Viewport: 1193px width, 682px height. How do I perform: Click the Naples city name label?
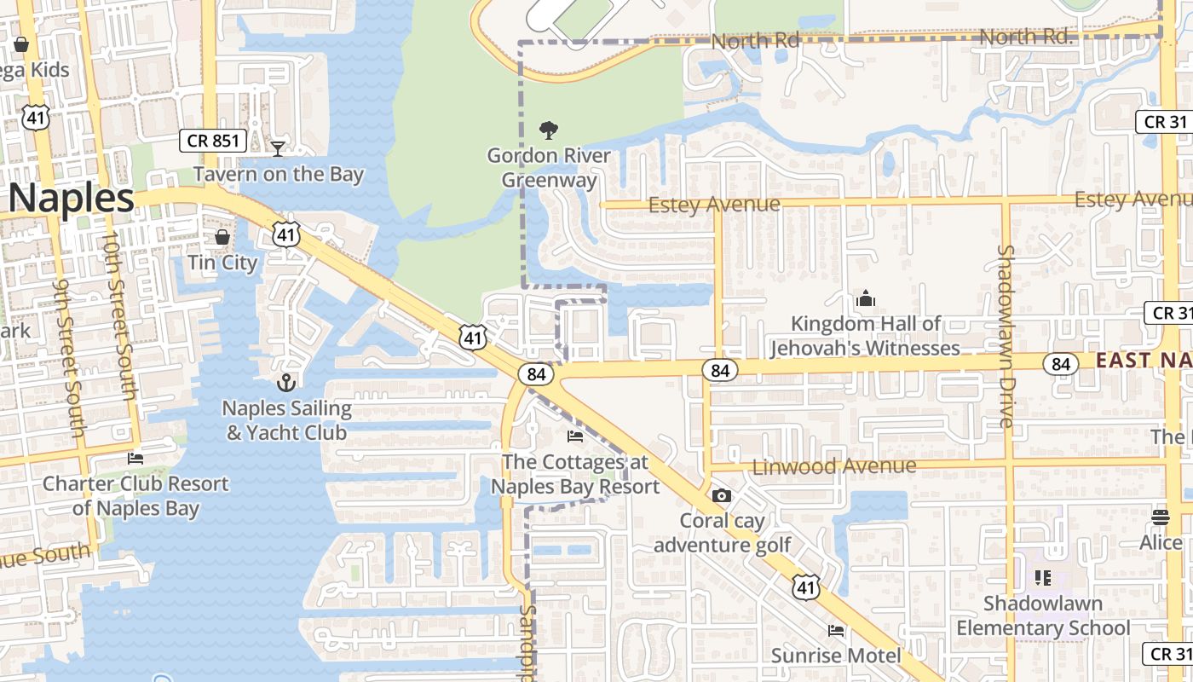coord(72,199)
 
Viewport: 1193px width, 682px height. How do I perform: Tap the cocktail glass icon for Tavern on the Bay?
coord(278,149)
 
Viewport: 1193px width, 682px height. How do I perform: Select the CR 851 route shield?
coord(213,141)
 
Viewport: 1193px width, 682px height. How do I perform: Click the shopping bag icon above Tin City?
coord(222,236)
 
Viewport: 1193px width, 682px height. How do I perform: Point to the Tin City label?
coord(222,263)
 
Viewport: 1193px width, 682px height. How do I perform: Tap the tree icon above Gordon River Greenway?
coord(549,130)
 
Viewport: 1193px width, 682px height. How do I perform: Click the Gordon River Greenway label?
coord(549,168)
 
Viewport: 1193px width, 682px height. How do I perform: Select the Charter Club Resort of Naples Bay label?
coord(136,496)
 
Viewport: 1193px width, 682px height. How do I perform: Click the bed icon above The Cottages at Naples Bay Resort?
coord(575,436)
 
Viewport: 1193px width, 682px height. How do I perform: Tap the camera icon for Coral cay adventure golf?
coord(721,495)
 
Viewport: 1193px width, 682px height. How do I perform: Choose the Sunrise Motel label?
coord(835,656)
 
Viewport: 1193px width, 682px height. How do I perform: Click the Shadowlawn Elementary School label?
coord(1043,616)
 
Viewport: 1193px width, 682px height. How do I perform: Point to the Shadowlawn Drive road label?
coord(1006,336)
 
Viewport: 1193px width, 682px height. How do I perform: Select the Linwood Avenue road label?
coord(834,466)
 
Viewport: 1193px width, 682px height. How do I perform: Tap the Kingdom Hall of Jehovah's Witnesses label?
coord(866,336)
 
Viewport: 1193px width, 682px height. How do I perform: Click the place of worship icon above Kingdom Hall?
coord(866,298)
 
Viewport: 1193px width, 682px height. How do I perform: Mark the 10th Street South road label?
coord(118,315)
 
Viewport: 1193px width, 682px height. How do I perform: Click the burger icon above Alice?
coord(1160,517)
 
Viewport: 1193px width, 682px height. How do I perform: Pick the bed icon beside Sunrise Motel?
coord(836,631)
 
